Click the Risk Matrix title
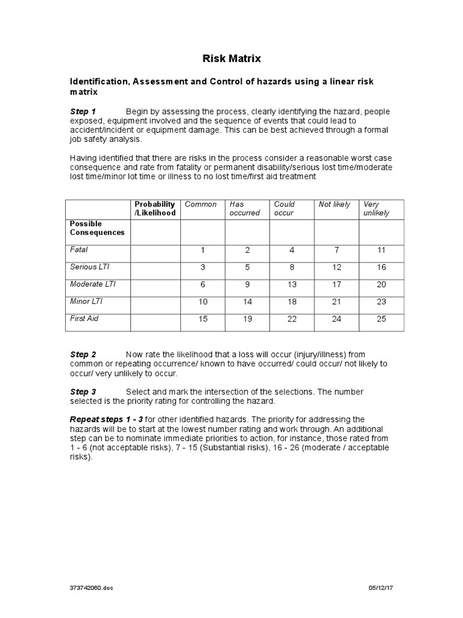[231, 59]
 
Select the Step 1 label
[83, 112]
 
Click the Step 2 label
[83, 354]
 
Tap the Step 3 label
[83, 392]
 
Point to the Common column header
[201, 205]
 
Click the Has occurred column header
[244, 209]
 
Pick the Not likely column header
[335, 205]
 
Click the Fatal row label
[79, 249]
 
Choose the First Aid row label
[84, 318]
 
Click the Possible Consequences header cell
[97, 228]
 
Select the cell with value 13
[292, 284]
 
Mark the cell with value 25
[381, 319]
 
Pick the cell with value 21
[336, 302]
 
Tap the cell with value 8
[292, 267]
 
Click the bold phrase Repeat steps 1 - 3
[107, 419]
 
